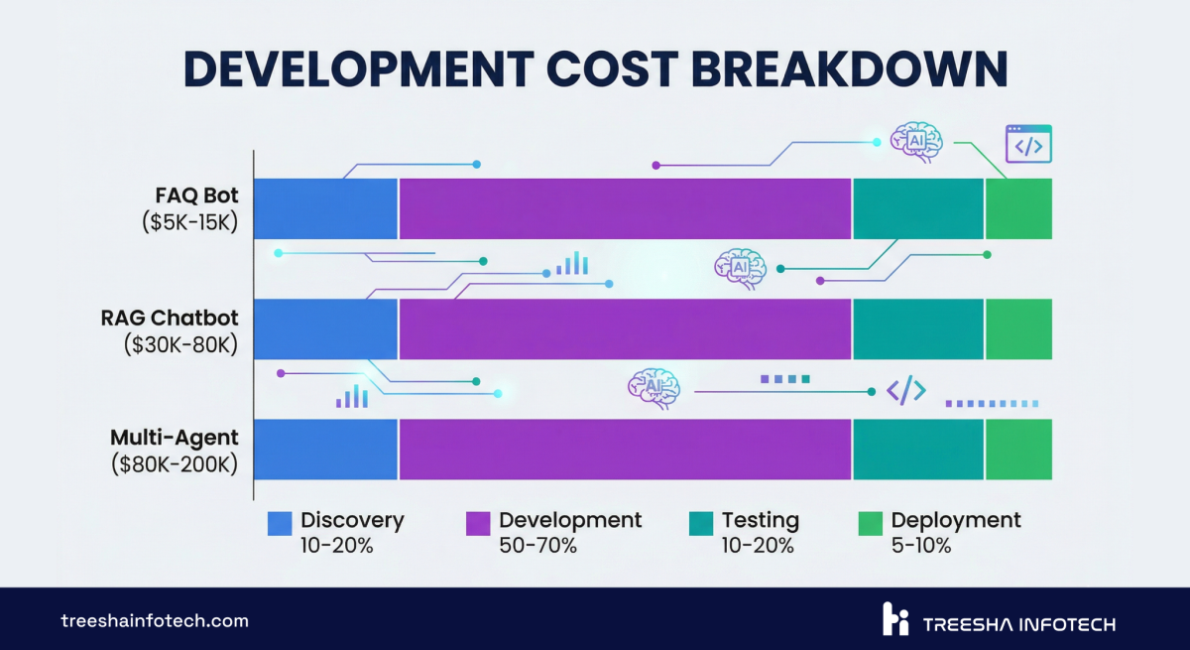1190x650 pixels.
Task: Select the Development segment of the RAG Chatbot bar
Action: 625,328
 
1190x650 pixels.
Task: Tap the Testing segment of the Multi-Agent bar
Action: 917,449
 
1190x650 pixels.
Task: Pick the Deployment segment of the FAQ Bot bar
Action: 1018,208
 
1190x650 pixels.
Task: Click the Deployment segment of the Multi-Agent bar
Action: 1018,449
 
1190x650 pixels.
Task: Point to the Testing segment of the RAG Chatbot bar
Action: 917,328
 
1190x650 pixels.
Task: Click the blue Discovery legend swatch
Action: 280,523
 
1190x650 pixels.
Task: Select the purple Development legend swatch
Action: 478,523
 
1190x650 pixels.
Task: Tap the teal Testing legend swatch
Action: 701,523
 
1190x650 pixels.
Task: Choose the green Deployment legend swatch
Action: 870,523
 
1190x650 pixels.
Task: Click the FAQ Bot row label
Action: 197,195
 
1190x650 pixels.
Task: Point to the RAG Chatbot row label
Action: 170,318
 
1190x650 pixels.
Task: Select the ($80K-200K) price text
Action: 176,464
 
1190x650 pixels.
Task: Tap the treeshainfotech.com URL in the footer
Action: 155,621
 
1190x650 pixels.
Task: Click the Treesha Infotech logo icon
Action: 895,618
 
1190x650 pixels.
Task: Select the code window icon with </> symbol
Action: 1028,144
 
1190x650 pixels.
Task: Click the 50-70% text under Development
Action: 536,545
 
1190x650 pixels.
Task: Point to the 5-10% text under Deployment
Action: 920,545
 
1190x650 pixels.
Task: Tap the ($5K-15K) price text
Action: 189,222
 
